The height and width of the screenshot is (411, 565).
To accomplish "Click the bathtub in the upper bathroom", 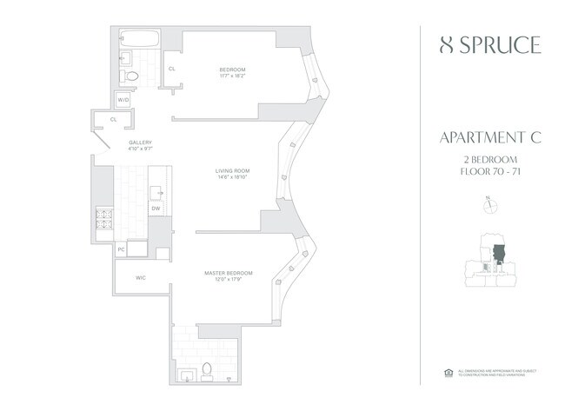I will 139,39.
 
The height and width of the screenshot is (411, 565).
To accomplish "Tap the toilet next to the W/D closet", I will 132,76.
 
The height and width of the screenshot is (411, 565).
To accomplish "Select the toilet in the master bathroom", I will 209,371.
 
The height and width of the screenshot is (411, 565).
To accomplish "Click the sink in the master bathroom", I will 186,374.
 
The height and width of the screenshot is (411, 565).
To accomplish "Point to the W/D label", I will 123,101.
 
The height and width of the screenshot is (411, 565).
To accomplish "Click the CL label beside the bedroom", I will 172,68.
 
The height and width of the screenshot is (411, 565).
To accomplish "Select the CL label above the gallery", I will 114,120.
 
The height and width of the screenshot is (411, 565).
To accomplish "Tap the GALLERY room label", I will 141,143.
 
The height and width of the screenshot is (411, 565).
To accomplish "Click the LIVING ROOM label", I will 233,170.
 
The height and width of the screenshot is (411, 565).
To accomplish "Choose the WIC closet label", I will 140,279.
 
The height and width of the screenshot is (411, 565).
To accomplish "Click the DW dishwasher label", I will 156,209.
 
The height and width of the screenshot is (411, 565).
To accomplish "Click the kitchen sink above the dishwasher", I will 156,191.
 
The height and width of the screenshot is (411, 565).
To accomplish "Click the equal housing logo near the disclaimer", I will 449,372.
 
